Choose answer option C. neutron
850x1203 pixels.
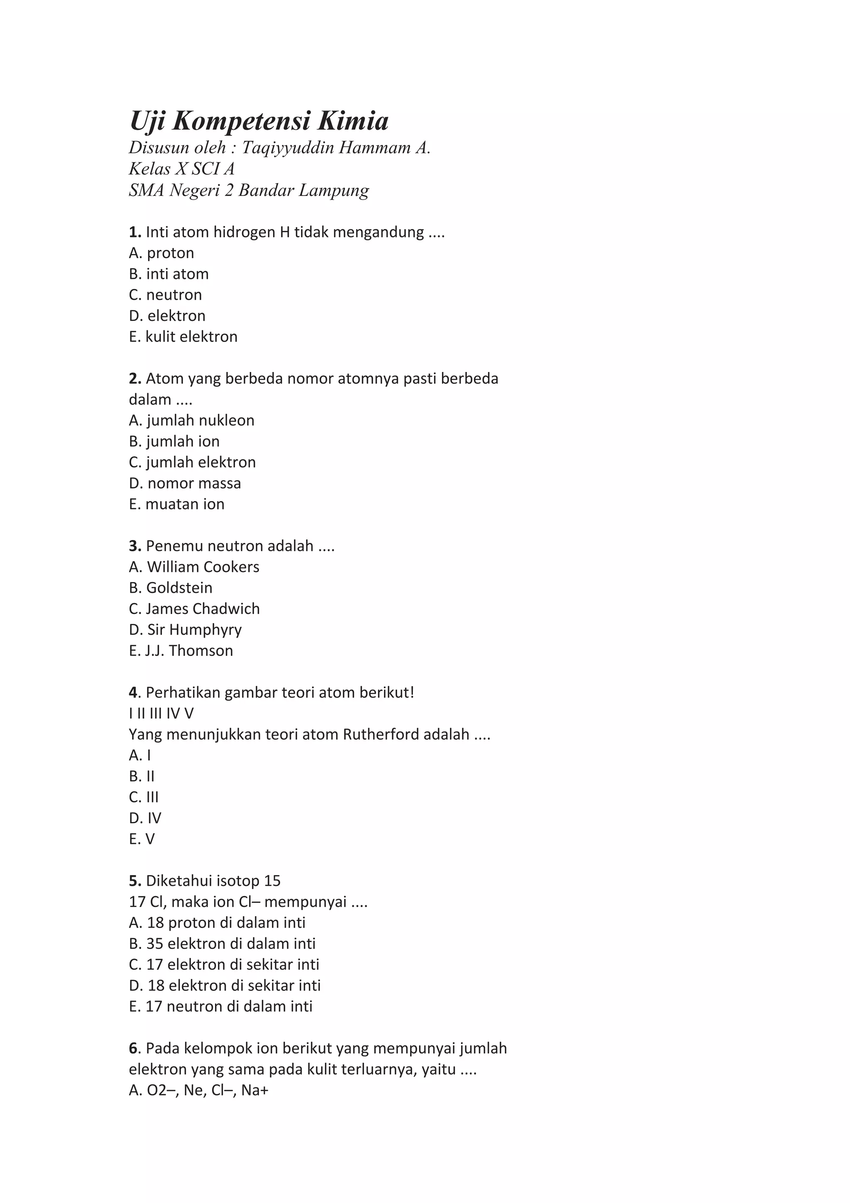click(x=166, y=295)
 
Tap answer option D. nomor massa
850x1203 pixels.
click(x=185, y=483)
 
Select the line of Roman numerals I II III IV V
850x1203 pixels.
click(x=161, y=714)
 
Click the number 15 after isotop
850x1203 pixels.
click(x=272, y=881)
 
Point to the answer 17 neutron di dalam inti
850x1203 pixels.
click(x=220, y=1007)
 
